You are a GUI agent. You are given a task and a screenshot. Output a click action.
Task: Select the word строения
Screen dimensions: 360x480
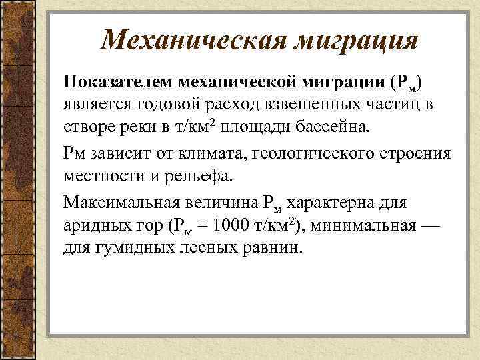[415, 153]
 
